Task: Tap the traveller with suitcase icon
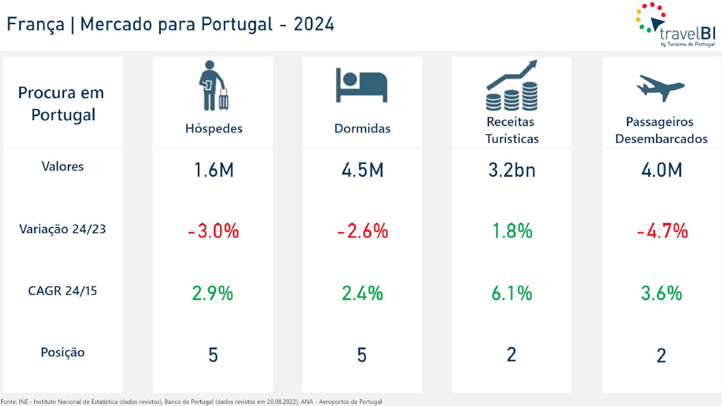pyautogui.click(x=213, y=85)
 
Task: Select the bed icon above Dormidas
pyautogui.click(x=362, y=85)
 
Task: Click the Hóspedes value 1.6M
pyautogui.click(x=213, y=171)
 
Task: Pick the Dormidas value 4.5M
pyautogui.click(x=362, y=171)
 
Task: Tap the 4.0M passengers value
pyautogui.click(x=661, y=171)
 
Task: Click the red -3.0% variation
pyautogui.click(x=213, y=231)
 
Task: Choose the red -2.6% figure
pyautogui.click(x=362, y=231)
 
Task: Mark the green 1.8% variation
pyautogui.click(x=511, y=231)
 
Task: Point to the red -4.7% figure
pyautogui.click(x=661, y=231)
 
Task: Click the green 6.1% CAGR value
pyautogui.click(x=511, y=293)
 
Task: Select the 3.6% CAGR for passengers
pyautogui.click(x=661, y=293)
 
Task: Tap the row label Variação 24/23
pyautogui.click(x=63, y=229)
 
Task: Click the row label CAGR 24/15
pyautogui.click(x=63, y=291)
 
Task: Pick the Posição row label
pyautogui.click(x=63, y=353)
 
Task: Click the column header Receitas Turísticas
pyautogui.click(x=511, y=130)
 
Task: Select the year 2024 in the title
pyautogui.click(x=314, y=25)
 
